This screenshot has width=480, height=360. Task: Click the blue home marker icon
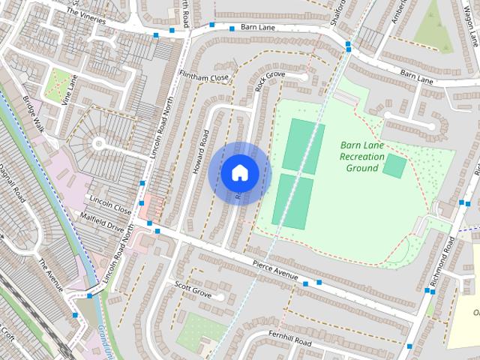pyautogui.click(x=239, y=173)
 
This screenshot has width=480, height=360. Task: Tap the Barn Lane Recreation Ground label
pyautogui.click(x=361, y=156)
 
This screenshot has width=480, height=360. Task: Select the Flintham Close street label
pyautogui.click(x=204, y=77)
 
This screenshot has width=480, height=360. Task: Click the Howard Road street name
pyautogui.click(x=199, y=152)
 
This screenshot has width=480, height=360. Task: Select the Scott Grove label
pyautogui.click(x=193, y=289)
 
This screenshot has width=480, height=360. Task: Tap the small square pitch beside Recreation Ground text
pyautogui.click(x=394, y=166)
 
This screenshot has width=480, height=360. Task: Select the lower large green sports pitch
pyautogui.click(x=292, y=201)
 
